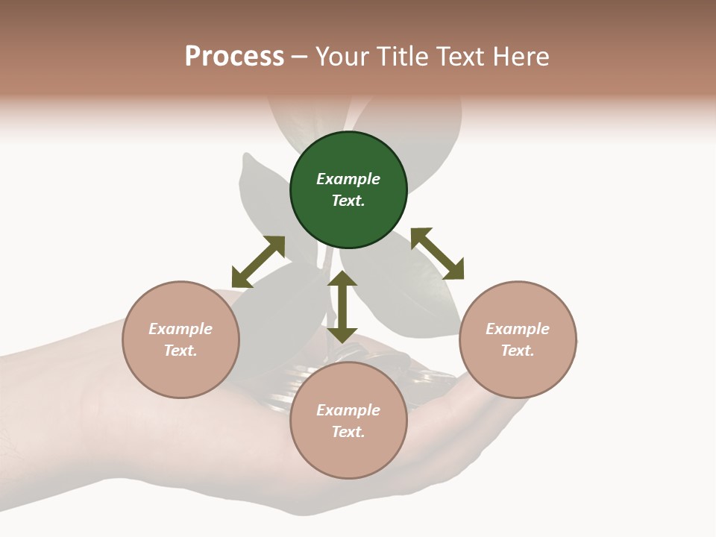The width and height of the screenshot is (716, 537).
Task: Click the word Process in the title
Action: (x=234, y=57)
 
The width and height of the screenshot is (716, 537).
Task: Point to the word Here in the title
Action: (x=522, y=57)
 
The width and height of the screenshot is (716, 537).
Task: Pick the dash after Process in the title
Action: (x=299, y=57)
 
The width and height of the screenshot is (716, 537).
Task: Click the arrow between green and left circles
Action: (x=258, y=262)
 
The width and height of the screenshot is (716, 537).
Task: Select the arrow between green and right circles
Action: (x=437, y=254)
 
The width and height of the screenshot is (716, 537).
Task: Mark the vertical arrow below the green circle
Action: (x=342, y=307)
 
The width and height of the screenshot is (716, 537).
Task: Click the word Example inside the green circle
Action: (x=348, y=179)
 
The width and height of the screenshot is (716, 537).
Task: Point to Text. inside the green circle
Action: (x=348, y=201)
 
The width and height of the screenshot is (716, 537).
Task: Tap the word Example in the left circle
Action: (x=180, y=329)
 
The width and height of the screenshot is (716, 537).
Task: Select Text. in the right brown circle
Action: (x=518, y=351)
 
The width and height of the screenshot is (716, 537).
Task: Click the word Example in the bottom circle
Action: (x=348, y=410)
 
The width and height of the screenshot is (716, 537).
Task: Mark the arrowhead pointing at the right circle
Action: (x=453, y=269)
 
